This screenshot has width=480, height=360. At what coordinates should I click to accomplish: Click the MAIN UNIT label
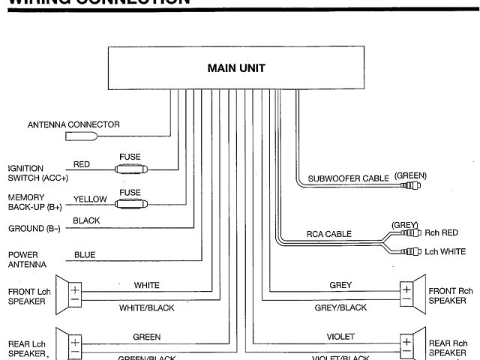[236, 68]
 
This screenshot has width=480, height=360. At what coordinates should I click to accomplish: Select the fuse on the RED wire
[130, 169]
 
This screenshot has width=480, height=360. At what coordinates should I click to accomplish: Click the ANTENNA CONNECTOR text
[73, 124]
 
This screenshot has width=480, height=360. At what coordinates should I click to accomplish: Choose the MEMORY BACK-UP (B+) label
[34, 201]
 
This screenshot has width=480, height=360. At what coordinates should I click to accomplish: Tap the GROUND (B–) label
[34, 228]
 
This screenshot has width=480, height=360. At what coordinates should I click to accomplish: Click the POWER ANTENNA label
[27, 259]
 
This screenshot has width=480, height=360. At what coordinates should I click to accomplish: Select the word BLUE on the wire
[85, 255]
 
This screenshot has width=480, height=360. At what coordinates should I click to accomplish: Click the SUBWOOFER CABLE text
[349, 178]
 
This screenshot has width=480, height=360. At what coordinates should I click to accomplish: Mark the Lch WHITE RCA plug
[411, 252]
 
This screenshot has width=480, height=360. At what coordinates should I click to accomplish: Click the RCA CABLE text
[328, 234]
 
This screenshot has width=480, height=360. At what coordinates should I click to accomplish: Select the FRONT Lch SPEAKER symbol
[78, 293]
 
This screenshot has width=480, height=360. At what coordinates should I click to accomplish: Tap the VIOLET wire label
[341, 337]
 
